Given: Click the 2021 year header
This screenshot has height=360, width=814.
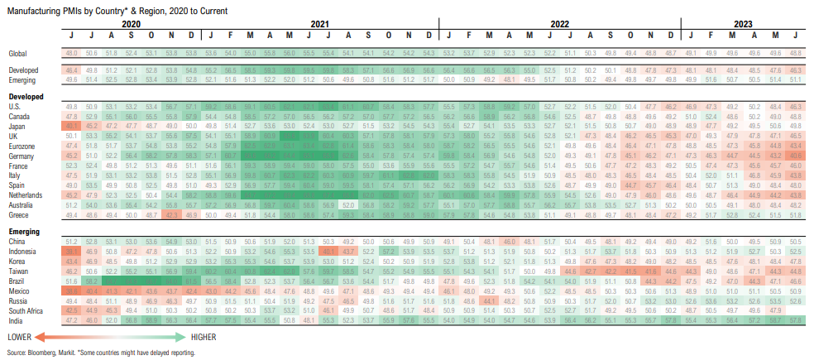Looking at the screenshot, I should point(321,25).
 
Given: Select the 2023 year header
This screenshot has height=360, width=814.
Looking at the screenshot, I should point(742,25).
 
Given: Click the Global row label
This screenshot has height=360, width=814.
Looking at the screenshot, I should point(18,53).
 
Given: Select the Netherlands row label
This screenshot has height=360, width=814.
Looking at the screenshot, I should point(26,194).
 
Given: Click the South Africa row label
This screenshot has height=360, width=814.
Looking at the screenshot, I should point(26,310).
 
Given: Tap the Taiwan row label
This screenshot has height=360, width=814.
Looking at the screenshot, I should point(19,271).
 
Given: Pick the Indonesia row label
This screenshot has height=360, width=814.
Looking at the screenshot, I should point(23,251).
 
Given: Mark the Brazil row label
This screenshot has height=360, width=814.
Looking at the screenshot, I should point(17,281).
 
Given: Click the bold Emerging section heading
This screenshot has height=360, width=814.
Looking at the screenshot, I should point(25,231).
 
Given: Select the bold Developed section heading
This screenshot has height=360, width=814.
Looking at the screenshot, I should point(26,97).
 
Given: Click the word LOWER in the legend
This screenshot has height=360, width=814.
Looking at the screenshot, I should point(22,338).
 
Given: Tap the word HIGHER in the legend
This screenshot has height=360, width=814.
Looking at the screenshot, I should point(204,338).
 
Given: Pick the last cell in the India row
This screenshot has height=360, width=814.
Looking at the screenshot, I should point(795,320).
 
